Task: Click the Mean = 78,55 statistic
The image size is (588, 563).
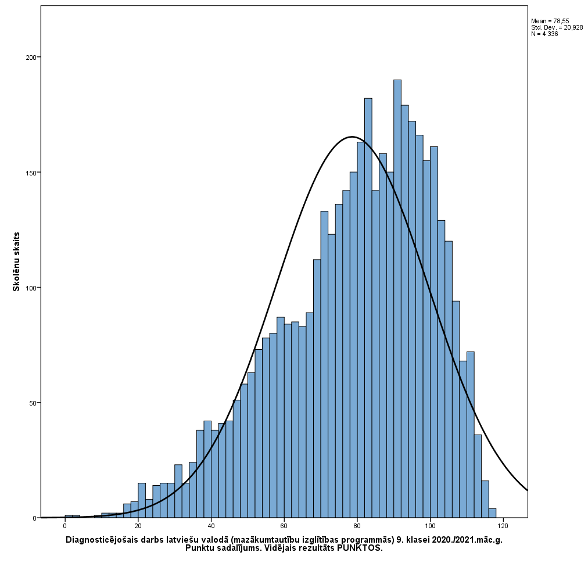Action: tap(550, 21)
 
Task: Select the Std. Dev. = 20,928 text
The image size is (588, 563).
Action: tap(557, 27)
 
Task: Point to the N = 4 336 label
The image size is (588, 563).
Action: tap(544, 34)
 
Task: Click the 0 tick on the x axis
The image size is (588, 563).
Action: tap(65, 526)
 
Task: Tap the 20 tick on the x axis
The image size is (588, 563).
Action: tap(138, 526)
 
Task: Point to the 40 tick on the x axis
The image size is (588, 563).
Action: tap(211, 526)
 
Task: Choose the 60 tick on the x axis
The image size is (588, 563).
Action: tap(284, 526)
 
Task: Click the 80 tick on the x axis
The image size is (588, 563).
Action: tap(357, 526)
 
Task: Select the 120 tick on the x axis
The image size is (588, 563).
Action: tap(503, 526)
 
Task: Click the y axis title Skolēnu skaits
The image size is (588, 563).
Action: tap(17, 261)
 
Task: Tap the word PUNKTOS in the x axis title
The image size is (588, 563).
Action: tap(360, 548)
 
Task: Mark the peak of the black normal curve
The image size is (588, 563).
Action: tap(352, 137)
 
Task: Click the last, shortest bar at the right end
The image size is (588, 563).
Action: tap(492, 513)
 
